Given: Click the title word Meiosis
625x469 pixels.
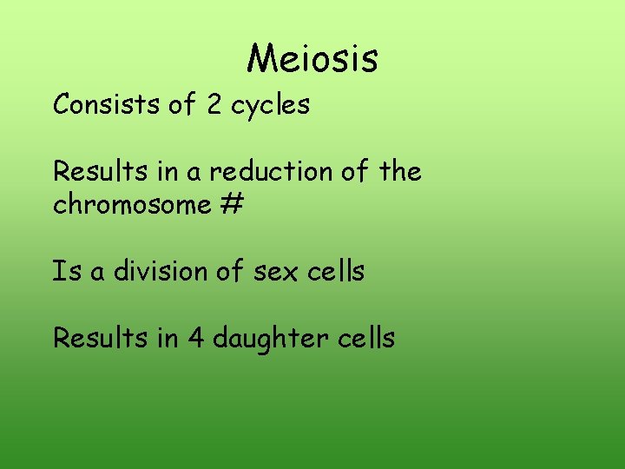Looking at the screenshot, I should [x=312, y=58].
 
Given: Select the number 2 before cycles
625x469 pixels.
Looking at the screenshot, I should [x=214, y=105].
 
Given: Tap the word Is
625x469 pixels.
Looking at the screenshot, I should [x=66, y=272].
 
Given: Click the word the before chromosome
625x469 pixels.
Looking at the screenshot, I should [x=400, y=172].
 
